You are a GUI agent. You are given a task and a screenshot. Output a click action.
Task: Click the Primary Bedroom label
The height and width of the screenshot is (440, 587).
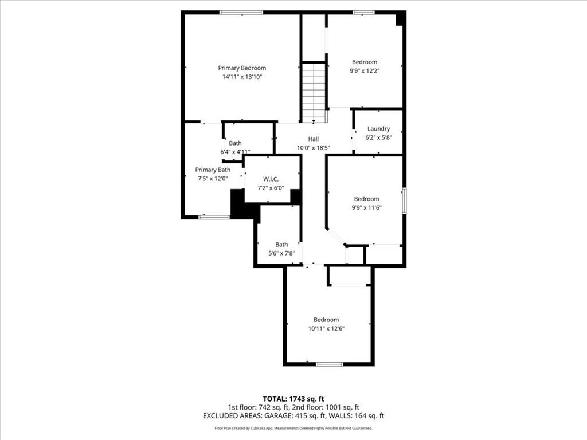[x=242, y=68]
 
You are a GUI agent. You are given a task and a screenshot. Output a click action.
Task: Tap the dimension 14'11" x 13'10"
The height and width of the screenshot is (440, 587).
[x=242, y=77]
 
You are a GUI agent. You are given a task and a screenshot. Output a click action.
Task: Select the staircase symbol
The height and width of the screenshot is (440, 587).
[x=314, y=92]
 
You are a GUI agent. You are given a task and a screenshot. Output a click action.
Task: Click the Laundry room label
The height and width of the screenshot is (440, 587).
[x=378, y=129]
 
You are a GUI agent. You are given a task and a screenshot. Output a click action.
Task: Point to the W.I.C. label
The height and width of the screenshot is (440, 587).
[x=271, y=179]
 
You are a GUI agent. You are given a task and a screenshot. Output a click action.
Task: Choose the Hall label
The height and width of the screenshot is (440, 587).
[x=313, y=139]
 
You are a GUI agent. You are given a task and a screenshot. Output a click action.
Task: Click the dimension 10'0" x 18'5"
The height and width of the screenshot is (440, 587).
[x=313, y=148]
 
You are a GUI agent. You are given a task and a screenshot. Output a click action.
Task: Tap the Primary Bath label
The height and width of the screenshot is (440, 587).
[x=213, y=170]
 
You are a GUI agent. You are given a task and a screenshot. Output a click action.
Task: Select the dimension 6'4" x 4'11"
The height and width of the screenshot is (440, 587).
[x=235, y=152]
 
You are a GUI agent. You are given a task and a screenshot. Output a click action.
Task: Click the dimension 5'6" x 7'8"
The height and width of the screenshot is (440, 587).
[x=281, y=253]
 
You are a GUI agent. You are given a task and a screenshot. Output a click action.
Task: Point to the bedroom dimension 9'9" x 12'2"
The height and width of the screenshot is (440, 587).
[x=365, y=71]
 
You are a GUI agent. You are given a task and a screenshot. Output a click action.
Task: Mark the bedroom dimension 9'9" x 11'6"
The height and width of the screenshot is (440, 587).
[x=366, y=208]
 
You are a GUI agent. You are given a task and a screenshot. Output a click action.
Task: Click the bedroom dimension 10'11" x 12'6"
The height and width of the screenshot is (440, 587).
[x=326, y=328]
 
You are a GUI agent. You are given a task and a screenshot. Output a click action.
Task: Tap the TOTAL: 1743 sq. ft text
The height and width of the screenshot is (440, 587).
[x=293, y=398]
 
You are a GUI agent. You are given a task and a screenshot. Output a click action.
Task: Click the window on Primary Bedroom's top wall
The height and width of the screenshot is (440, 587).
[x=241, y=12]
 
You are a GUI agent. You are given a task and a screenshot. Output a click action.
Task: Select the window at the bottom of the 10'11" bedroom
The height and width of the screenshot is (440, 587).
[x=329, y=364]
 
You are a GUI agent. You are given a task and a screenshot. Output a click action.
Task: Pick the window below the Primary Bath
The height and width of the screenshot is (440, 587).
[x=214, y=217]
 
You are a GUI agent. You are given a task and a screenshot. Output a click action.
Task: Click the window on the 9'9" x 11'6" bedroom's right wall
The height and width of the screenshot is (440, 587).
[x=404, y=201]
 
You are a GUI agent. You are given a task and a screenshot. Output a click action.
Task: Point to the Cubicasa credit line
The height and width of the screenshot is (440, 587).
[x=293, y=428]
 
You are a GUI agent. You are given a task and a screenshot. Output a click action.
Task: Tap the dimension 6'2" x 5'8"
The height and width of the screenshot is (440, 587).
[x=378, y=137]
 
